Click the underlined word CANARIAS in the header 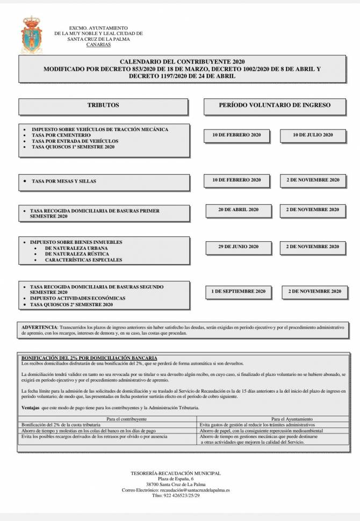(98, 45)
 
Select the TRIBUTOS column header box (103, 106)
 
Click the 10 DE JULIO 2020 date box (313, 135)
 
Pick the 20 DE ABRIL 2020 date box (238, 209)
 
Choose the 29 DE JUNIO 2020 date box (238, 247)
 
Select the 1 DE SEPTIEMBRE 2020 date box (239, 292)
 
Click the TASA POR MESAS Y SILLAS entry (64, 182)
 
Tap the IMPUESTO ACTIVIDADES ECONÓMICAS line (77, 298)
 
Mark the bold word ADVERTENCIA (39, 327)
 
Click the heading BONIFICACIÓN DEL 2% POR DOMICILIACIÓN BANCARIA (89, 357)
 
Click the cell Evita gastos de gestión (253, 424)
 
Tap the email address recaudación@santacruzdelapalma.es (199, 490)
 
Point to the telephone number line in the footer (176, 496)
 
